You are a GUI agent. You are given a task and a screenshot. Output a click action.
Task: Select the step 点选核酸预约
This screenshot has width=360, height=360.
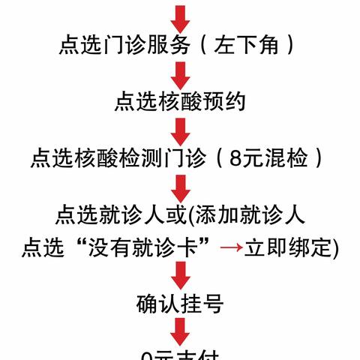point(180,102)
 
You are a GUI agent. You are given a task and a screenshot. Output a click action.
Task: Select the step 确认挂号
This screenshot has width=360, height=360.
point(180,304)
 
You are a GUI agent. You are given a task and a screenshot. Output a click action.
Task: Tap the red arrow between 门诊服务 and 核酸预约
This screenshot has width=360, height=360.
point(180,74)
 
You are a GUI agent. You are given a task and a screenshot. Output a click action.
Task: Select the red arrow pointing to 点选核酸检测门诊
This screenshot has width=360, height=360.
point(180,130)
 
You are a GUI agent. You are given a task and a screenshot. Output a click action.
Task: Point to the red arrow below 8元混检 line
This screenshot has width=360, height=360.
point(180,187)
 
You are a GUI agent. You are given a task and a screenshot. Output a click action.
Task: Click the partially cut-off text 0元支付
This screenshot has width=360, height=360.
point(180,355)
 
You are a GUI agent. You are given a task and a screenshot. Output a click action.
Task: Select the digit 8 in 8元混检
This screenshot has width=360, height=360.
point(238,157)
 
